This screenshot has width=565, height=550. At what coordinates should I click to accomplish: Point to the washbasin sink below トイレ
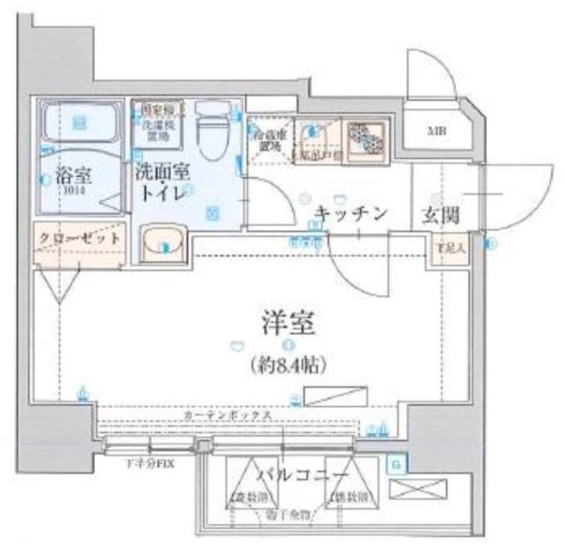[164, 241]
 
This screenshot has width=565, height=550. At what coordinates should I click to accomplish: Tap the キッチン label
[350, 213]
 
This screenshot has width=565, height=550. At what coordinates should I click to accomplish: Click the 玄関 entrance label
[437, 213]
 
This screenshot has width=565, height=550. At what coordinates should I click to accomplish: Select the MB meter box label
[436, 132]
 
